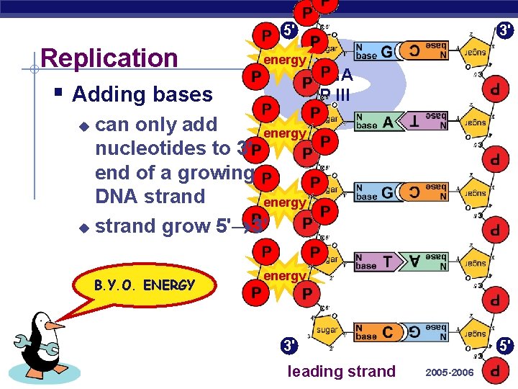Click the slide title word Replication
coord(110,58)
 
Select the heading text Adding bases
coord(142,94)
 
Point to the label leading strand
coord(341,372)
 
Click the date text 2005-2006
coord(449,372)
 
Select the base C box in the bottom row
coord(375,333)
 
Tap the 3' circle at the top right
coord(505,30)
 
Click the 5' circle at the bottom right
coord(505,346)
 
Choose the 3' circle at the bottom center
coord(289,346)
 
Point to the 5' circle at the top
coord(289,30)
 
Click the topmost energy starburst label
coord(284,60)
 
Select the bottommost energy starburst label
coord(284,276)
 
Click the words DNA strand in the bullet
coord(150,196)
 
